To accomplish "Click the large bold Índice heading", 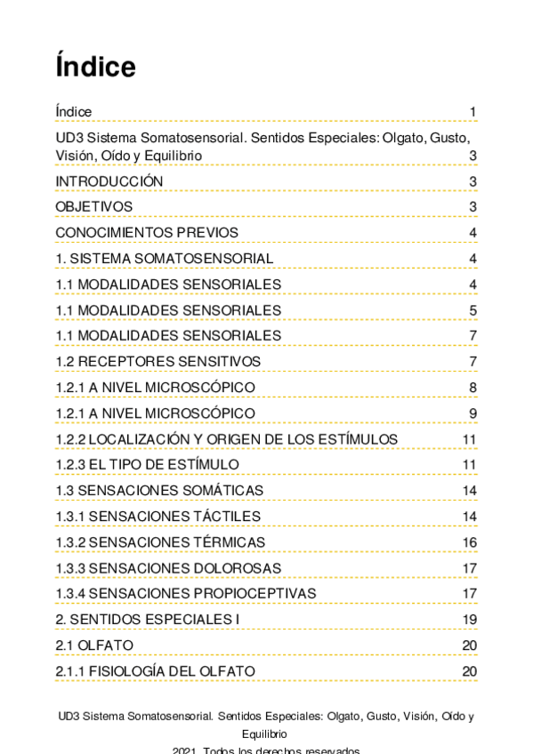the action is (x=95, y=68).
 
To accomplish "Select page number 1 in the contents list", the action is (x=473, y=112).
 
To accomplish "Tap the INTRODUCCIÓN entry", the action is (x=109, y=181).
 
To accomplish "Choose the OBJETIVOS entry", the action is (x=94, y=207).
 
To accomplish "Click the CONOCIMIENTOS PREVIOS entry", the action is (x=147, y=233).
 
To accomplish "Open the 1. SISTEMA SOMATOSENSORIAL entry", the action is (x=165, y=259).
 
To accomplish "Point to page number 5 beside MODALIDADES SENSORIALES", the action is (x=473, y=310).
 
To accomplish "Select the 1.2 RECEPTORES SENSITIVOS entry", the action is (x=158, y=361).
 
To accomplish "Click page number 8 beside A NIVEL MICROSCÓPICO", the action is (x=473, y=387).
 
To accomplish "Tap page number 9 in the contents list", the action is (x=473, y=413).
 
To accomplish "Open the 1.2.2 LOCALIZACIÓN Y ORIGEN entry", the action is (x=227, y=439).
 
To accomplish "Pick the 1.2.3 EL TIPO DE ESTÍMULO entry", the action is (x=147, y=465).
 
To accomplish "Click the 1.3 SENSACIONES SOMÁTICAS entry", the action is (x=159, y=491).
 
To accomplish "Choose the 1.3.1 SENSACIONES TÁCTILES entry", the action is (x=158, y=517).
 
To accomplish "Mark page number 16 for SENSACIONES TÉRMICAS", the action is (x=470, y=542).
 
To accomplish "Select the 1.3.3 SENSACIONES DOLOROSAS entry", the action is (x=168, y=568).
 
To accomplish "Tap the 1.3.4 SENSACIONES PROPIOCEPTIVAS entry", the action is (x=186, y=593).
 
